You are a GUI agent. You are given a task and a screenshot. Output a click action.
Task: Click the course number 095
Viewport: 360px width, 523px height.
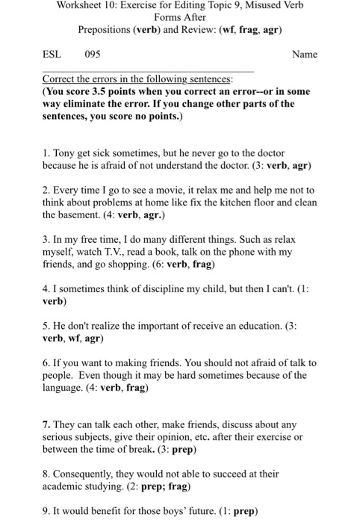click(93, 55)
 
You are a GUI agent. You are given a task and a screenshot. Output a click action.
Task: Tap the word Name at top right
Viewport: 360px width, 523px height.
click(305, 55)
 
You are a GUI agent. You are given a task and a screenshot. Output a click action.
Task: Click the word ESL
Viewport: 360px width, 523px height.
click(52, 55)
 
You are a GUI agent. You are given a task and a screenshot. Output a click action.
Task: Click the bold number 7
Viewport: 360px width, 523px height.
click(46, 424)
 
